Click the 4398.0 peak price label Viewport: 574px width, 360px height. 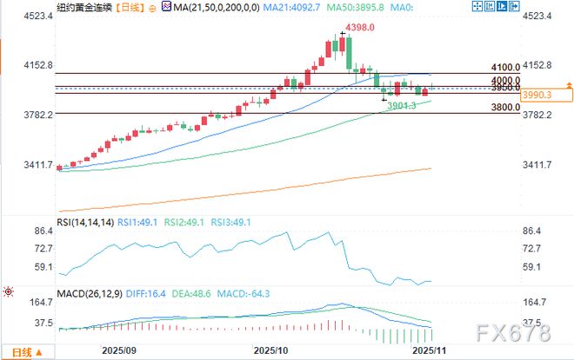point(359,28)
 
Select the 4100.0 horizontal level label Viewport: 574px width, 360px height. point(505,67)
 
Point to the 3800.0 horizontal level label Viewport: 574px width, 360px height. point(505,108)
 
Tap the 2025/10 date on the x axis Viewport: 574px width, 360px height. point(270,350)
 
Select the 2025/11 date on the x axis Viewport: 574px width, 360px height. point(428,350)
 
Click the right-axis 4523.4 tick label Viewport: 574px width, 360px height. point(539,17)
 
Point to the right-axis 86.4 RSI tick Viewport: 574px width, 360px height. point(532,232)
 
